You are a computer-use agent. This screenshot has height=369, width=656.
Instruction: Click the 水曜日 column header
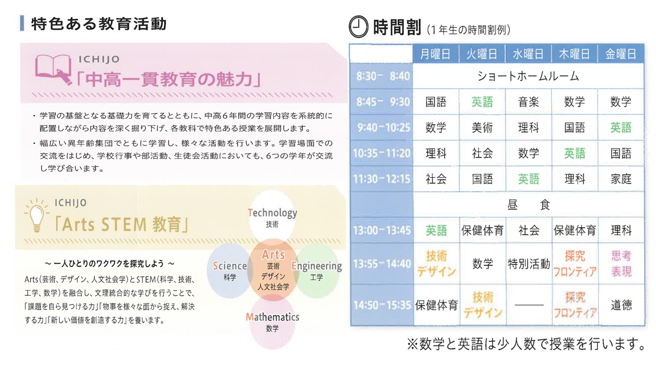(528, 54)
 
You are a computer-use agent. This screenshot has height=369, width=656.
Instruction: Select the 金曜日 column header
(621, 54)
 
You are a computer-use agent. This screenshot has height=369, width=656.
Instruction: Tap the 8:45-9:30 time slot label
(383, 102)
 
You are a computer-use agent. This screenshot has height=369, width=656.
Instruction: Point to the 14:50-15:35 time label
(382, 305)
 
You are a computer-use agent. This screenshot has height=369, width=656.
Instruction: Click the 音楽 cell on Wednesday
(528, 102)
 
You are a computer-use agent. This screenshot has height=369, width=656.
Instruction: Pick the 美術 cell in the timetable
(482, 128)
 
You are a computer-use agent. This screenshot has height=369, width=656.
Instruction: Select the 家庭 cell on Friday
(621, 179)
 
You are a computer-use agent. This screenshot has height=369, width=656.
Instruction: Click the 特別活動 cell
(528, 264)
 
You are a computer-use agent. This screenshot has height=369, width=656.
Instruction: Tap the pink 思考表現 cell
(621, 263)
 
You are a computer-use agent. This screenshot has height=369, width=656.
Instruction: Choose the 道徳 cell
(621, 305)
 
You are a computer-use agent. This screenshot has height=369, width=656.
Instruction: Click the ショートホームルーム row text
(528, 76)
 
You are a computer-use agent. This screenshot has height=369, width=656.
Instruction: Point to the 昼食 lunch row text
(528, 204)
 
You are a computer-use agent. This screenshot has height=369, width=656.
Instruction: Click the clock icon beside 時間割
(358, 27)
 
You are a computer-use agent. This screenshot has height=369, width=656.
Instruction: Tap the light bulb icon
(36, 215)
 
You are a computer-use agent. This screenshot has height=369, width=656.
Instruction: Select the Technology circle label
(272, 213)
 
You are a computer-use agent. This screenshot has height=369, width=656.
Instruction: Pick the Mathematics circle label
(272, 317)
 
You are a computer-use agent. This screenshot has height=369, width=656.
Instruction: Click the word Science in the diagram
(230, 266)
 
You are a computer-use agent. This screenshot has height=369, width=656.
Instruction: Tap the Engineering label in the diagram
(317, 266)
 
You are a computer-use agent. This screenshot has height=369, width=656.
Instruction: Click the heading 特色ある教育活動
(99, 24)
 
